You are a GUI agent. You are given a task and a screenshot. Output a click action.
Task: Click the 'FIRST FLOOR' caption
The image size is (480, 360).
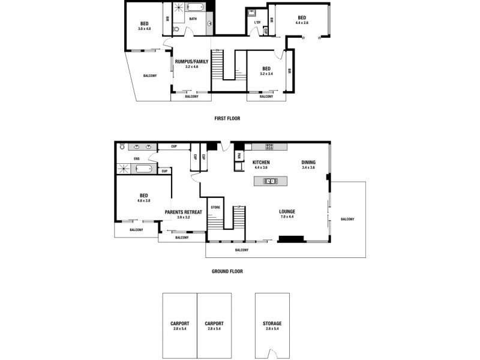[x=227, y=118]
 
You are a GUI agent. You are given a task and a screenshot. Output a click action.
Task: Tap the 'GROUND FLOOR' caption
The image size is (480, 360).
[x=227, y=271]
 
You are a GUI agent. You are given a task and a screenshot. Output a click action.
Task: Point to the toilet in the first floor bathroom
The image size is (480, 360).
[x=177, y=28]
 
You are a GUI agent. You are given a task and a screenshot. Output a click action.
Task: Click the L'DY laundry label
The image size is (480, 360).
[x=257, y=23]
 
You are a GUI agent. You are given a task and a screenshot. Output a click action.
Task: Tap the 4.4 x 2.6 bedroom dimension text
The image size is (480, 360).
[x=301, y=23]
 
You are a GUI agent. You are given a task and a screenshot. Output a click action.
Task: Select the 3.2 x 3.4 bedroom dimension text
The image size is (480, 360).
[x=266, y=74]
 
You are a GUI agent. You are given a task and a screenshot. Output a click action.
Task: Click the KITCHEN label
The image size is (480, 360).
[x=260, y=163]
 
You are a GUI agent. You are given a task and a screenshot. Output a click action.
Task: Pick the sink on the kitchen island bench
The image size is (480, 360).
[x=269, y=181]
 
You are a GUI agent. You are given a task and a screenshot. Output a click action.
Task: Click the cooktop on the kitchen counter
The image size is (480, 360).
[x=269, y=147]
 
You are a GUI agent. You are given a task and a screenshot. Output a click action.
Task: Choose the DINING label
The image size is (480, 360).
[x=310, y=163]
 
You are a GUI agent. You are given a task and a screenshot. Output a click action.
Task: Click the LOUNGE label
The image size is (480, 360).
[x=287, y=211]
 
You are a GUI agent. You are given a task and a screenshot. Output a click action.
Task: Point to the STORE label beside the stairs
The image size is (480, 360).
[x=215, y=208]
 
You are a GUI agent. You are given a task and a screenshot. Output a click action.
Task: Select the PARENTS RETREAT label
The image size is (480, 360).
[x=183, y=211]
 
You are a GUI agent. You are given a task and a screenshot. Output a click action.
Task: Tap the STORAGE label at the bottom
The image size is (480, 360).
[x=272, y=323]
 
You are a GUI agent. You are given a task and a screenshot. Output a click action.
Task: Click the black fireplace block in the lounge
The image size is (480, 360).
[x=291, y=239]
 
